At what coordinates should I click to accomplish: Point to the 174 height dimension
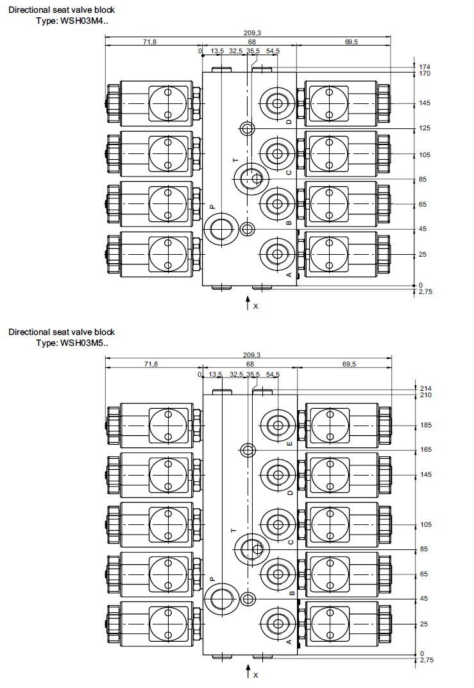point(425,67)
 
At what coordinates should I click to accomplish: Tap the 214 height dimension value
point(425,388)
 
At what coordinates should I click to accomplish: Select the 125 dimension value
point(425,128)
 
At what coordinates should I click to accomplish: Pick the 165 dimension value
point(425,449)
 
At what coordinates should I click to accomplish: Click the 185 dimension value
point(425,426)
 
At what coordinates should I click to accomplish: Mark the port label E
point(289,443)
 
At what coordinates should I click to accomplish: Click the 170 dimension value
point(425,74)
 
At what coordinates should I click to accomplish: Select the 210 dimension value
point(425,395)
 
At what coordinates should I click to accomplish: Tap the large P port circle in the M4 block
point(219,229)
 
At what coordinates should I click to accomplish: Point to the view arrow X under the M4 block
point(248,304)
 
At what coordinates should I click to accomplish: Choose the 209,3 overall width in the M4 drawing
point(252,32)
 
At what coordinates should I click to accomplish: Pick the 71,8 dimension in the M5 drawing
point(150,364)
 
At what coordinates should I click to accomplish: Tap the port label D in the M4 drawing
point(289,121)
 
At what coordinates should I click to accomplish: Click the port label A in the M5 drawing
point(289,641)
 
